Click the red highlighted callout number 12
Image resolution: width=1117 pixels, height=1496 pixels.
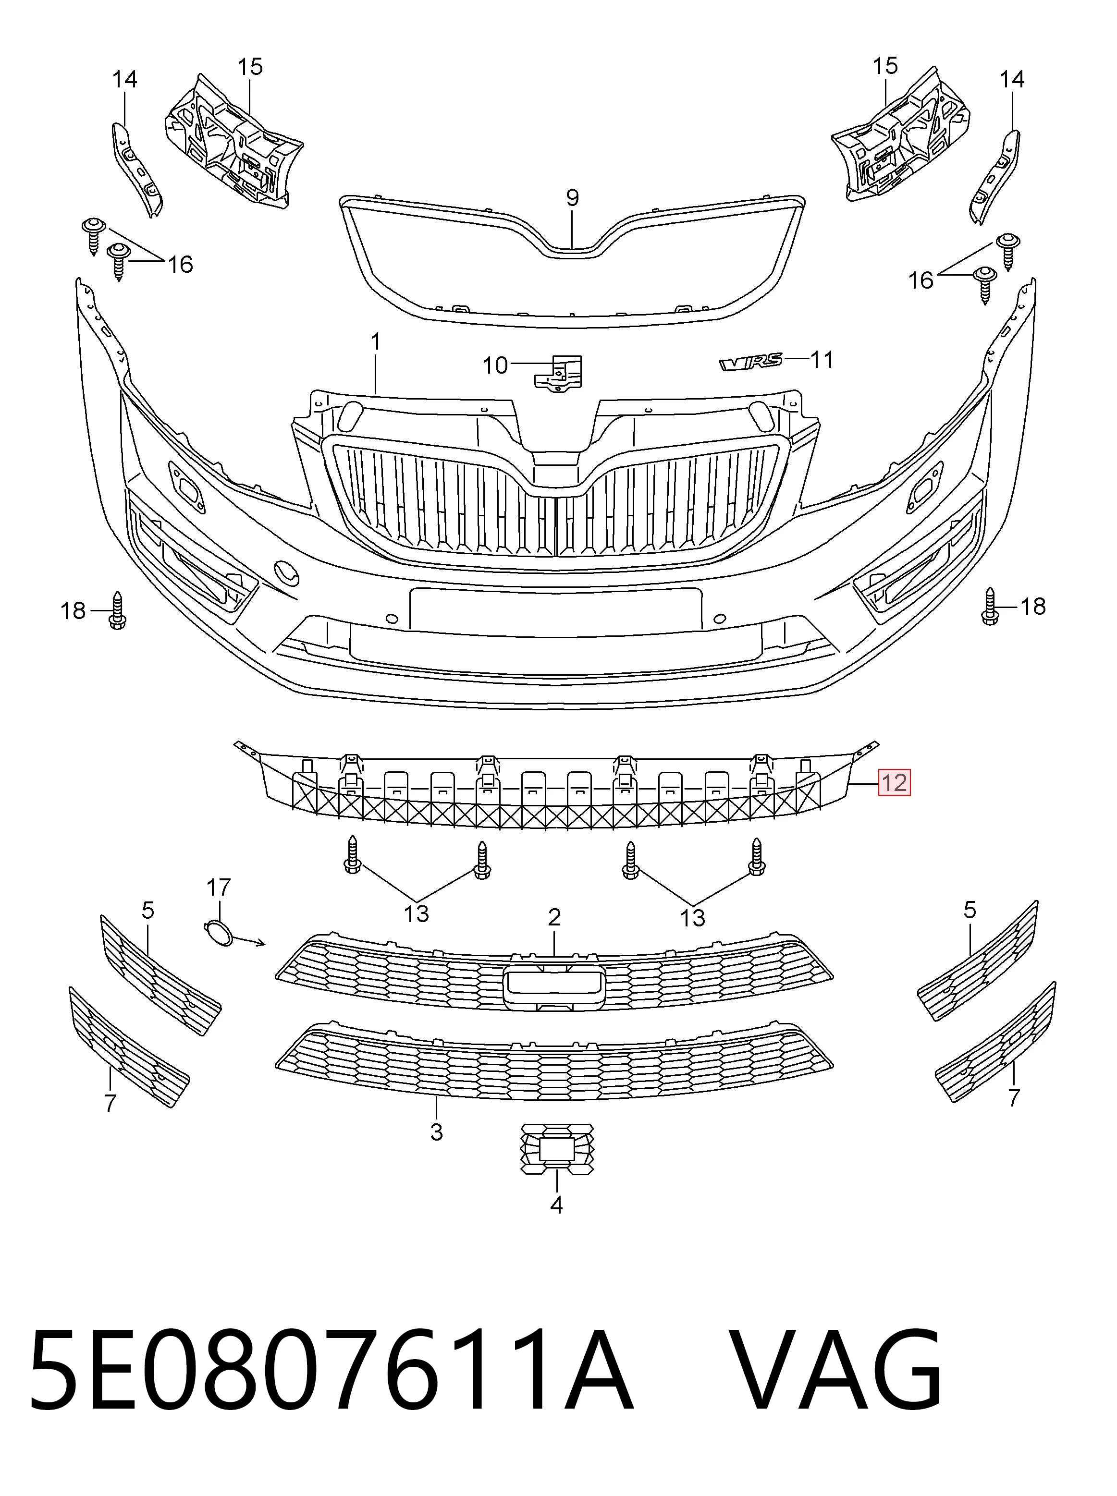tap(894, 782)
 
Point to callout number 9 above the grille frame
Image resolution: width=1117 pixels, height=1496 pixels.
tap(572, 198)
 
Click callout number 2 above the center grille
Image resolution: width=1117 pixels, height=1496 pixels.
tap(554, 917)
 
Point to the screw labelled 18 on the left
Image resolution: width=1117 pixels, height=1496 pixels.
tap(118, 610)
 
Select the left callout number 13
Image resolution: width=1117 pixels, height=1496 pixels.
tap(417, 913)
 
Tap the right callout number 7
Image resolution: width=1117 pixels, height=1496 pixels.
tap(1013, 1098)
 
